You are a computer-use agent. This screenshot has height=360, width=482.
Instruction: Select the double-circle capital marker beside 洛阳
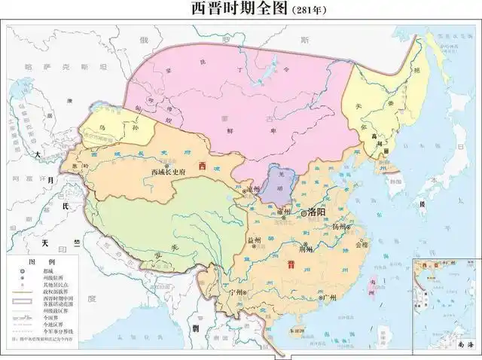click(305, 214)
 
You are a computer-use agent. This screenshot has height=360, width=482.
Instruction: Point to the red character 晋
click(290, 265)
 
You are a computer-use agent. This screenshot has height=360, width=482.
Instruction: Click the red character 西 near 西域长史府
click(201, 165)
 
